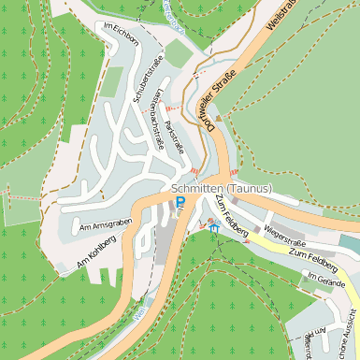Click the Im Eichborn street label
121,28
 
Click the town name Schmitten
200,188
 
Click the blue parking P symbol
180,201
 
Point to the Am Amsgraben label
107,223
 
